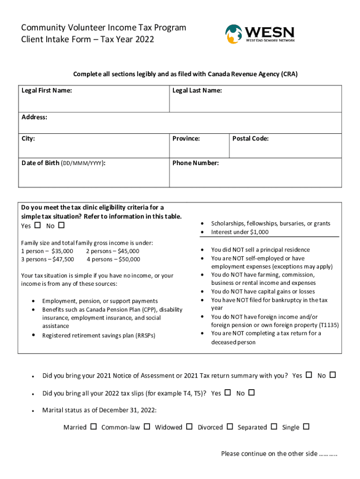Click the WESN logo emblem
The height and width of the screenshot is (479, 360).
click(x=233, y=34)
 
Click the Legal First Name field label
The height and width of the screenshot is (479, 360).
click(x=47, y=90)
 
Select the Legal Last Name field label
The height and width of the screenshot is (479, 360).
click(x=197, y=90)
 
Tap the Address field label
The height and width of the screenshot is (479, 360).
click(x=34, y=117)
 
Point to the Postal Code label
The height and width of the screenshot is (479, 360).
click(x=250, y=138)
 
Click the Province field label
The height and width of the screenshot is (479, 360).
click(x=186, y=138)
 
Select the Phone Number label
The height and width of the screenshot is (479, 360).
click(x=195, y=163)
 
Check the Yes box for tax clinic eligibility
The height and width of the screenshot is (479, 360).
click(x=37, y=226)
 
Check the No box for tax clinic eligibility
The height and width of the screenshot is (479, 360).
click(x=61, y=226)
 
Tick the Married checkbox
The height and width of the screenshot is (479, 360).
click(x=94, y=427)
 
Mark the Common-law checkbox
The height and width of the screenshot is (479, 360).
click(x=147, y=427)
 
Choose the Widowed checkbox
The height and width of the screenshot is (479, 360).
click(x=189, y=427)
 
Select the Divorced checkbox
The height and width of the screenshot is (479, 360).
click(x=230, y=427)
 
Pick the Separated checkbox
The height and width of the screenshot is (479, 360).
click(x=274, y=427)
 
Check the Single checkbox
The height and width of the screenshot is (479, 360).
click(x=306, y=427)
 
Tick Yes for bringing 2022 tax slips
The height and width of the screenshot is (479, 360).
click(x=228, y=393)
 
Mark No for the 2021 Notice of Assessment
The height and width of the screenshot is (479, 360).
click(x=333, y=375)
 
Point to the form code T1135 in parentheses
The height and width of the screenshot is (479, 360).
click(x=329, y=325)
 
